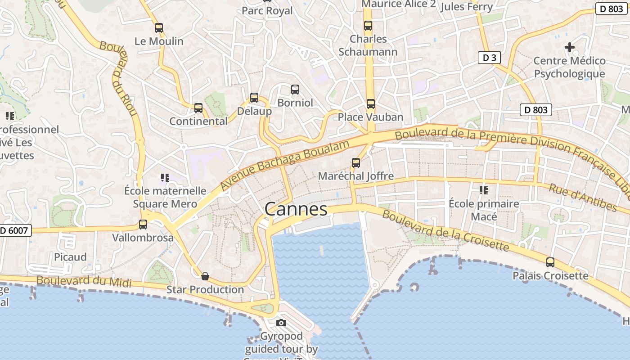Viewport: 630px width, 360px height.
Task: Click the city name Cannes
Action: pyautogui.click(x=296, y=209)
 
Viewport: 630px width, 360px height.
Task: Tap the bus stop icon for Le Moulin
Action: pyautogui.click(x=159, y=28)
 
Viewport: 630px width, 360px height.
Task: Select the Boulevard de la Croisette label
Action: pyautogui.click(x=445, y=230)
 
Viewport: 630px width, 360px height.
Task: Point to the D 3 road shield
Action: pyautogui.click(x=489, y=58)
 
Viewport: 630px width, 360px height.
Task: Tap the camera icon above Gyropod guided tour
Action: pyautogui.click(x=281, y=323)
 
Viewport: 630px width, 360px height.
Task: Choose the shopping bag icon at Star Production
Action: pyautogui.click(x=205, y=276)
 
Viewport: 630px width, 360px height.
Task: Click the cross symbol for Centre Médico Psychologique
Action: pyautogui.click(x=570, y=47)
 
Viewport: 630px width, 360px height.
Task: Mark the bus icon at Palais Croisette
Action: pyautogui.click(x=550, y=262)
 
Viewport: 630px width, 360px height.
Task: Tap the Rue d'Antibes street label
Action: pyautogui.click(x=582, y=197)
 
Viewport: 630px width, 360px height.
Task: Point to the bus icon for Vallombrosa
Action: pyautogui.click(x=143, y=224)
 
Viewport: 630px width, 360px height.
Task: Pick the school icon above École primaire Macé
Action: pyautogui.click(x=484, y=190)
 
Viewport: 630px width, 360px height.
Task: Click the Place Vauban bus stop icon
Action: pyautogui.click(x=370, y=104)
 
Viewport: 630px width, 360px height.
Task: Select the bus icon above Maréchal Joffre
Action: pyautogui.click(x=356, y=163)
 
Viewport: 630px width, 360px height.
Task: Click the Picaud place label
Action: pyautogui.click(x=70, y=257)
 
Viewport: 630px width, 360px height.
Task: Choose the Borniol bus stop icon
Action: pyautogui.click(x=295, y=90)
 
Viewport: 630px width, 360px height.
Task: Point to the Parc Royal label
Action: pyautogui.click(x=267, y=10)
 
